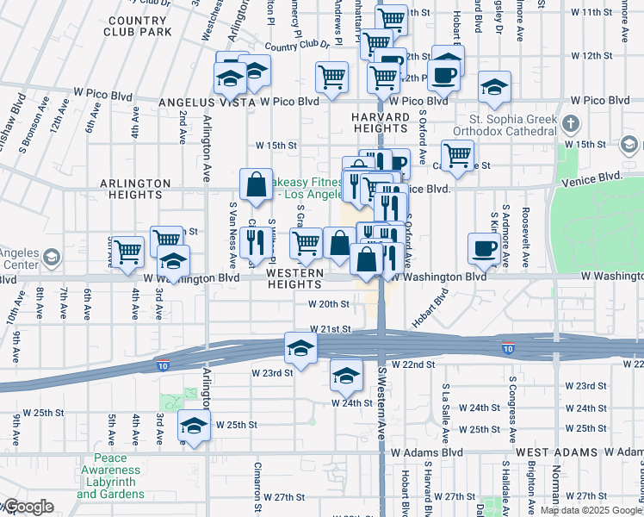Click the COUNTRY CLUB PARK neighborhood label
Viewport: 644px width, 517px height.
tap(139, 27)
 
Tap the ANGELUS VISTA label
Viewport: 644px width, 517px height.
tap(207, 102)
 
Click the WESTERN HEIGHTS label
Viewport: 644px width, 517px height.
tap(295, 279)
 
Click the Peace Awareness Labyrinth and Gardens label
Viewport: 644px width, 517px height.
tap(110, 477)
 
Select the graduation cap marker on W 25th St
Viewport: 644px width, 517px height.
tap(194, 426)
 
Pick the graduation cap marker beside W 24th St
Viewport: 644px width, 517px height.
tap(346, 376)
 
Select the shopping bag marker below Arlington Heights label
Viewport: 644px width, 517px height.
tap(257, 184)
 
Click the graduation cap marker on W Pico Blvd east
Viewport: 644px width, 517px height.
tap(493, 86)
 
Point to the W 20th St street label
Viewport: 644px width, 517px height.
tap(329, 303)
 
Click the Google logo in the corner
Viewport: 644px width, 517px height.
tap(28, 507)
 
